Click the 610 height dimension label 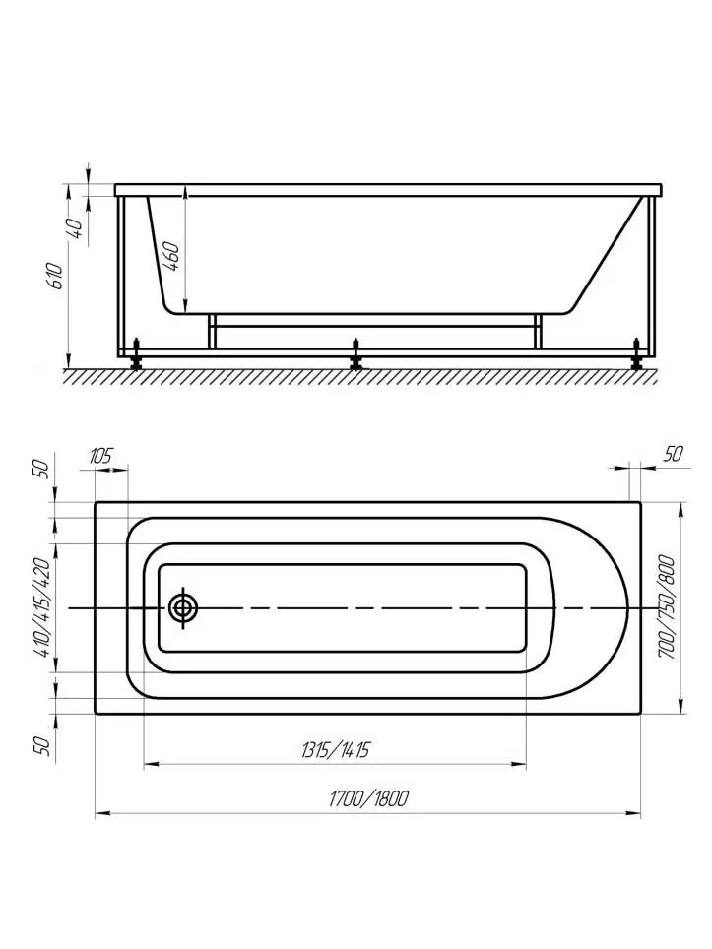pos(55,276)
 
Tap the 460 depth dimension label pos(171,257)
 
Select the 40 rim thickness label pos(75,227)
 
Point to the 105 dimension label pos(100,455)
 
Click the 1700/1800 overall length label pos(368,799)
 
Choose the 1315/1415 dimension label pos(335,750)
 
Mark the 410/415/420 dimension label pos(42,610)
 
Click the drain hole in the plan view pos(183,608)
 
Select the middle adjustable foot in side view pos(356,354)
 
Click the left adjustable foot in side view pos(138,354)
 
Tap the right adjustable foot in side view pos(636,354)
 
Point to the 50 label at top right pos(674,453)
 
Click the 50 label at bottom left pos(42,745)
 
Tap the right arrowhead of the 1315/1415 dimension pos(519,765)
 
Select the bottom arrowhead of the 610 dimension pos(68,360)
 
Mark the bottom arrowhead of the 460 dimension pos(185,306)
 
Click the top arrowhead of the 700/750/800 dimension pos(681,509)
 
